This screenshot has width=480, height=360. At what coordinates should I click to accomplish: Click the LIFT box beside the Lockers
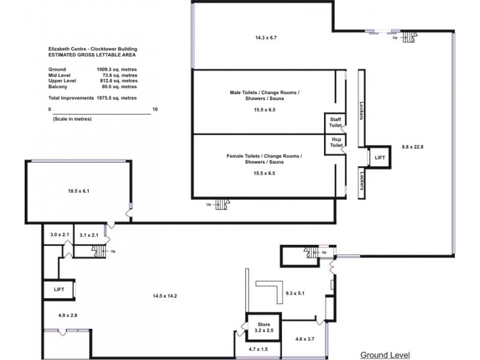tap(380, 157)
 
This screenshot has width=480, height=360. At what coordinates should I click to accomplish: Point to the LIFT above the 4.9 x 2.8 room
tap(59, 289)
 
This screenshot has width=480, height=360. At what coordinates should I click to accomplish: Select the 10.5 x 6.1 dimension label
tap(78, 191)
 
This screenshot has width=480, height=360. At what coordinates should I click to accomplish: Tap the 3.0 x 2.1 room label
tap(60, 235)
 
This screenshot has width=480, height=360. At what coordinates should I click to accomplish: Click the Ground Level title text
tap(384, 354)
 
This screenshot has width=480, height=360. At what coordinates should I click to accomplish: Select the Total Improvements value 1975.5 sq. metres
tap(117, 97)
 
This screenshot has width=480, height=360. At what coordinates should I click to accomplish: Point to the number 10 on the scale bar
tap(155, 110)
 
